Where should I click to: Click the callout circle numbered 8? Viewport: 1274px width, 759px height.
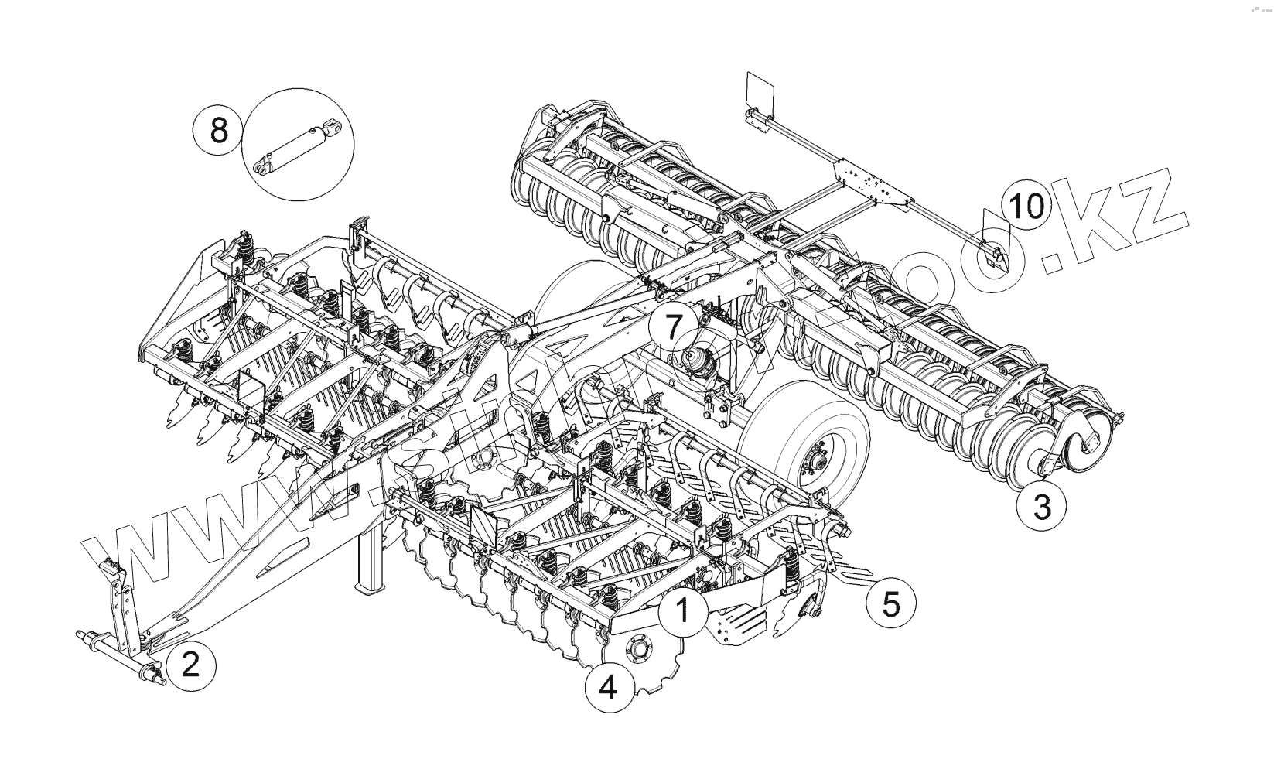click(x=219, y=129)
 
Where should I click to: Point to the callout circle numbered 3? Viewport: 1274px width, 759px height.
click(x=1042, y=508)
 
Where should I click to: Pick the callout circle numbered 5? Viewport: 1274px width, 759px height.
click(x=891, y=603)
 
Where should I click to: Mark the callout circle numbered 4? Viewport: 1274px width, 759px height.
click(x=608, y=686)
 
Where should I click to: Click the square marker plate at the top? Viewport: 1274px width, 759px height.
click(x=760, y=91)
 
